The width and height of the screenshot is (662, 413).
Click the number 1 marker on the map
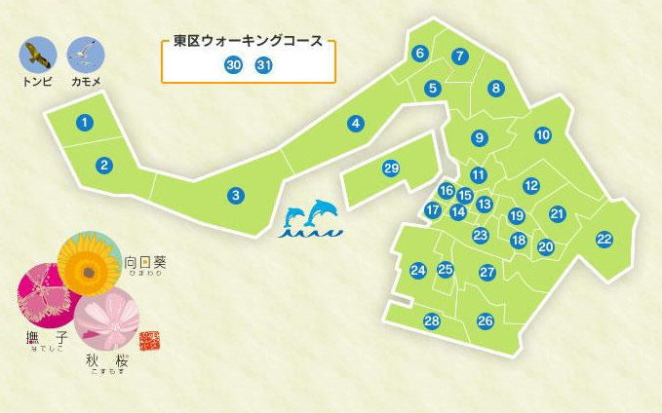pos(86,123)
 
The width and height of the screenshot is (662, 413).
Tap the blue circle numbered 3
pos(235,196)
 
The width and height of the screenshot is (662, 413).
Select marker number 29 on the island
pos(391,169)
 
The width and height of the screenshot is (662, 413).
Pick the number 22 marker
pos(604,239)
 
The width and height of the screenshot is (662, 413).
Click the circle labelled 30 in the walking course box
pos(233,65)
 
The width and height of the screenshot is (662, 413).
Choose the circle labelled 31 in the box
pos(264,65)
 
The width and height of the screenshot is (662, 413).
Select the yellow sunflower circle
pos(89,262)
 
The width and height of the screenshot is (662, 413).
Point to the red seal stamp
pos(148,340)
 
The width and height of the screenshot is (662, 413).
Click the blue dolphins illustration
pos(312,219)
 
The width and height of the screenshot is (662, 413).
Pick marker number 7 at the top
pos(459,56)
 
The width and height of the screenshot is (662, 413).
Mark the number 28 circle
pos(432,320)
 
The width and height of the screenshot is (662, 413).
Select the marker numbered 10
pos(543,135)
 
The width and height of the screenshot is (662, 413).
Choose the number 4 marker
pos(356,124)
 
